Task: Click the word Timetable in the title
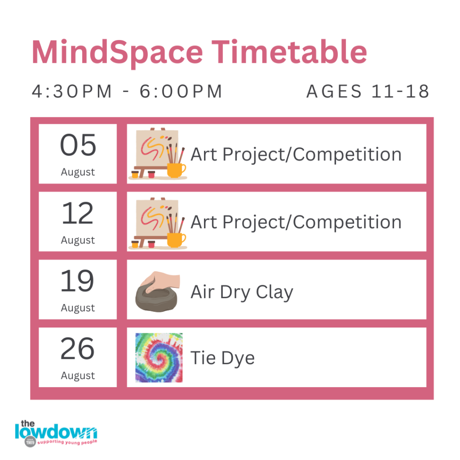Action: tap(289, 52)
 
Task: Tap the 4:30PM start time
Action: tap(72, 91)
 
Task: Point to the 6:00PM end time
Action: tap(181, 91)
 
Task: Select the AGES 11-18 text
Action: tap(368, 91)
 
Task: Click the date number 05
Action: tap(78, 145)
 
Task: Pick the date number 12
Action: tap(78, 213)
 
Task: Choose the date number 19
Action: tap(77, 281)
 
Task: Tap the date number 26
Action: tap(77, 349)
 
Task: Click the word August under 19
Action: tap(78, 308)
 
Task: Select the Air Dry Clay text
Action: tap(242, 292)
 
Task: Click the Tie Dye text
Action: tap(223, 358)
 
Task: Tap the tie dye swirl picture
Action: tap(159, 358)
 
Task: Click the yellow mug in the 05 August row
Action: tap(176, 170)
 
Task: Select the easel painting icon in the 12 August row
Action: tap(158, 223)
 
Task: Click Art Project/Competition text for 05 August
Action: tap(296, 155)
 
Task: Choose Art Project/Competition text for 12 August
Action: tap(296, 222)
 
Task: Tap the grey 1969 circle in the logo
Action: tap(30, 442)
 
